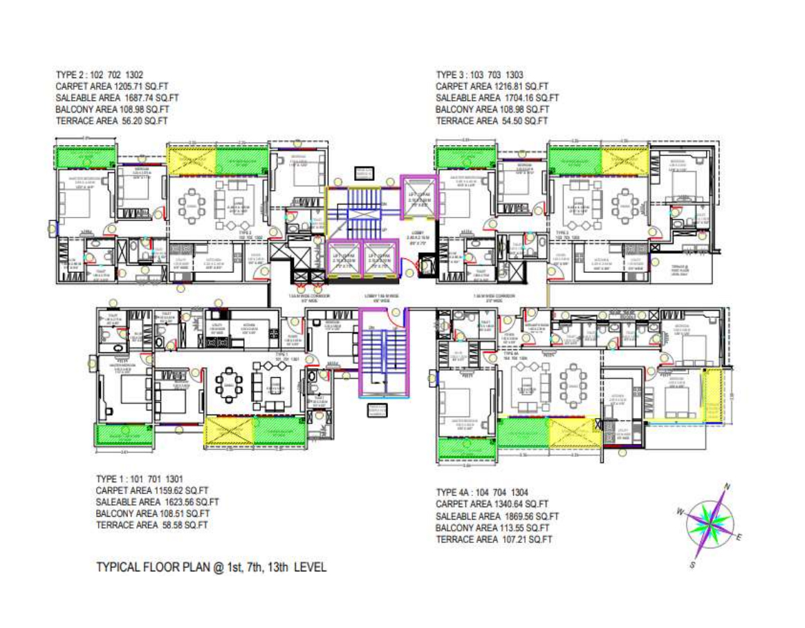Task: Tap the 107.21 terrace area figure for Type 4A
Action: pos(512,539)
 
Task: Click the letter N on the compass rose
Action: pos(726,486)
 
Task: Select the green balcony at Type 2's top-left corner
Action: pos(85,160)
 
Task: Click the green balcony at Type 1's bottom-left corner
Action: pos(123,435)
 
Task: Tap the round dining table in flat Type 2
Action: pos(189,204)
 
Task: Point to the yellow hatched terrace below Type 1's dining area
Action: pos(228,432)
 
